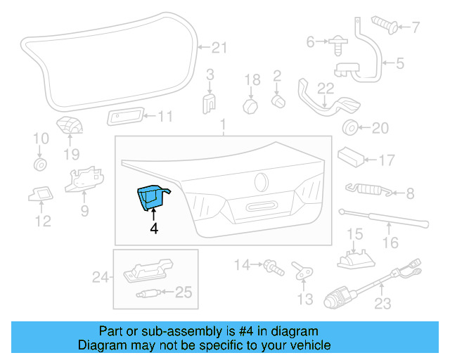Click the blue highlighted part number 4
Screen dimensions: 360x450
point(150,197)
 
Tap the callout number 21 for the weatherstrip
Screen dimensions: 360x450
point(220,48)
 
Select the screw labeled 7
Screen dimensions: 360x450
point(383,25)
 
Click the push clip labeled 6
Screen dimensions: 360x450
point(335,44)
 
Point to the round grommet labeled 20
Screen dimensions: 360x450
point(348,128)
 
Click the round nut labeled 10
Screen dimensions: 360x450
point(40,165)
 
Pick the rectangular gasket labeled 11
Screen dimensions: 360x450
point(124,117)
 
